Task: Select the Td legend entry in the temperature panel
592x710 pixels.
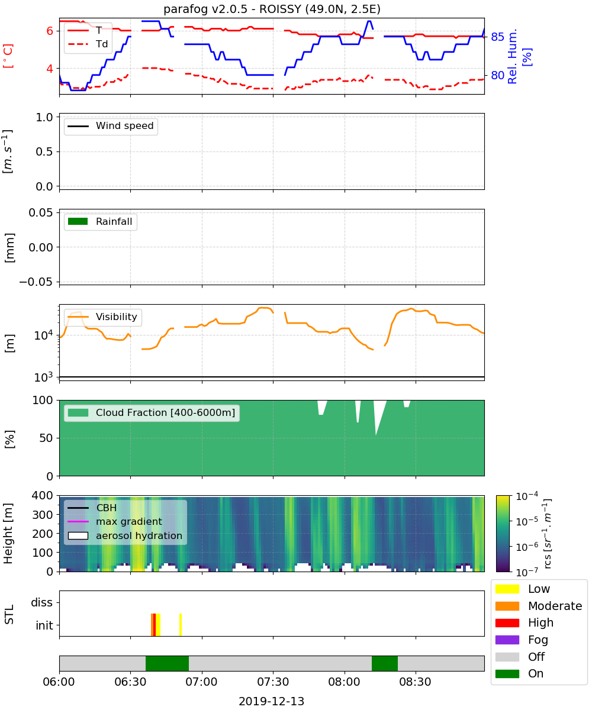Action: [x=88, y=44]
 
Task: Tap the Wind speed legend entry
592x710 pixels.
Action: [x=111, y=126]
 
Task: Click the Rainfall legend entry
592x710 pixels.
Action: [x=100, y=221]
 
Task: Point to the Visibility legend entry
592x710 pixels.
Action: [x=102, y=317]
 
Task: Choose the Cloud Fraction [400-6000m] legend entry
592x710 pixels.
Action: [x=152, y=412]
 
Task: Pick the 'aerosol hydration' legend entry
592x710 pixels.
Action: [x=125, y=535]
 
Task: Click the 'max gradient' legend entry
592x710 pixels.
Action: [x=115, y=521]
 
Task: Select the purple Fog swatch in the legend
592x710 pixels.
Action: [x=507, y=640]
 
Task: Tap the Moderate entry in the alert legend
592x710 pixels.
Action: [x=539, y=606]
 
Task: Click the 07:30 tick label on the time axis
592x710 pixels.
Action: [x=273, y=682]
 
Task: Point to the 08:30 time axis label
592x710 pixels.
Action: [x=415, y=682]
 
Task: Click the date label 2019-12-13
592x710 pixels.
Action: [x=271, y=701]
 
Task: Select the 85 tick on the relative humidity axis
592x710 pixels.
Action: [x=497, y=37]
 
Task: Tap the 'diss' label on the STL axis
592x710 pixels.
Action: [x=41, y=602]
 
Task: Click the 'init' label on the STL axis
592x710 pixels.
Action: [x=44, y=625]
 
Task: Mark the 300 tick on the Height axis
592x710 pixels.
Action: [x=43, y=514]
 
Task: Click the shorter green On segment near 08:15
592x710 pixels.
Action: [x=384, y=663]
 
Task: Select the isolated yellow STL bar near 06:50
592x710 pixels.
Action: [x=181, y=625]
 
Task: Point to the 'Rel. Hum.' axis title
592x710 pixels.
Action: [x=512, y=56]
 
